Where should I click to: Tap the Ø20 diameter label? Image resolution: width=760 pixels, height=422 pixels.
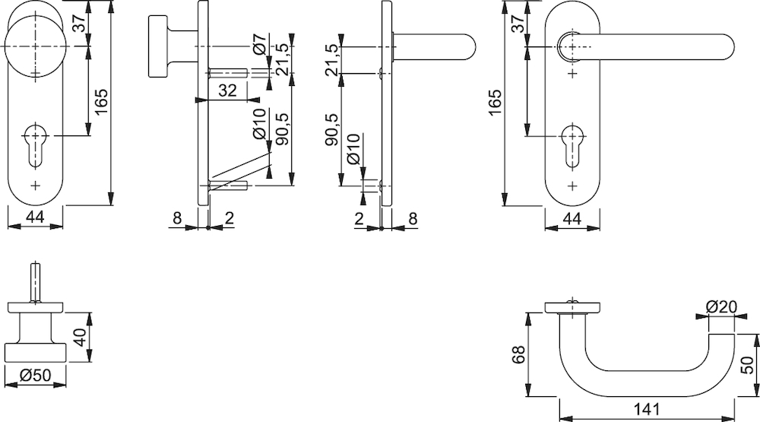point(721,306)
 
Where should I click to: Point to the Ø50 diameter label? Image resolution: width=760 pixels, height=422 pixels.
point(36,375)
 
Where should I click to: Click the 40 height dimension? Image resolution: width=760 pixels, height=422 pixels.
point(81,337)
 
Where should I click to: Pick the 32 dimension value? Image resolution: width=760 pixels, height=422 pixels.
point(226,90)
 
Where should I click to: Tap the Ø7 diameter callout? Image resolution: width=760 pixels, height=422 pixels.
point(259,44)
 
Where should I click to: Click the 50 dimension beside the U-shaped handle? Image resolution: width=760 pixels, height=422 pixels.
point(747,365)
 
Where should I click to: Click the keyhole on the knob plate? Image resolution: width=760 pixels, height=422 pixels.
point(36,145)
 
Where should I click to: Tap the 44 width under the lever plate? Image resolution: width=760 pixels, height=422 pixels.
point(572,218)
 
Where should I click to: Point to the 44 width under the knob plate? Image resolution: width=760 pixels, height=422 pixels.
point(35,217)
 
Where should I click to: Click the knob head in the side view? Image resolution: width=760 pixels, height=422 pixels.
point(157,46)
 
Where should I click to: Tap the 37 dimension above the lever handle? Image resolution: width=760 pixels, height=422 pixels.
point(518,23)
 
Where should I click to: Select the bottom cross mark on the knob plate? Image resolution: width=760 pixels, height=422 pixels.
point(36,185)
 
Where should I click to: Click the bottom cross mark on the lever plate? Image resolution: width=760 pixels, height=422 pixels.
point(573,186)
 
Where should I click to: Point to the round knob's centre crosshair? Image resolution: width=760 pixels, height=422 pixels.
point(36,46)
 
